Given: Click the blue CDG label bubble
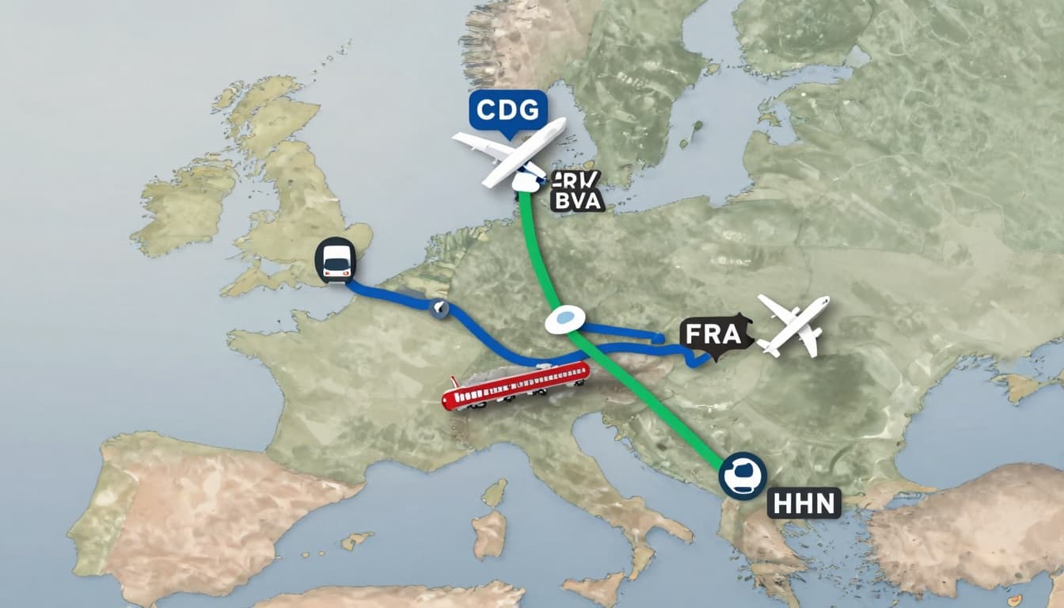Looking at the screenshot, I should coord(507,109).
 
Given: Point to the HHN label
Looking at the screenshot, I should coord(804,502).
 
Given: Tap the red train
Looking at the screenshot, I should coord(515,384).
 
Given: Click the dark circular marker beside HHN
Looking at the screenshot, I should coord(743,476).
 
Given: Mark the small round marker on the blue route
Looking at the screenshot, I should coord(438,308).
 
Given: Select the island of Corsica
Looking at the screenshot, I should coord(495,492).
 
